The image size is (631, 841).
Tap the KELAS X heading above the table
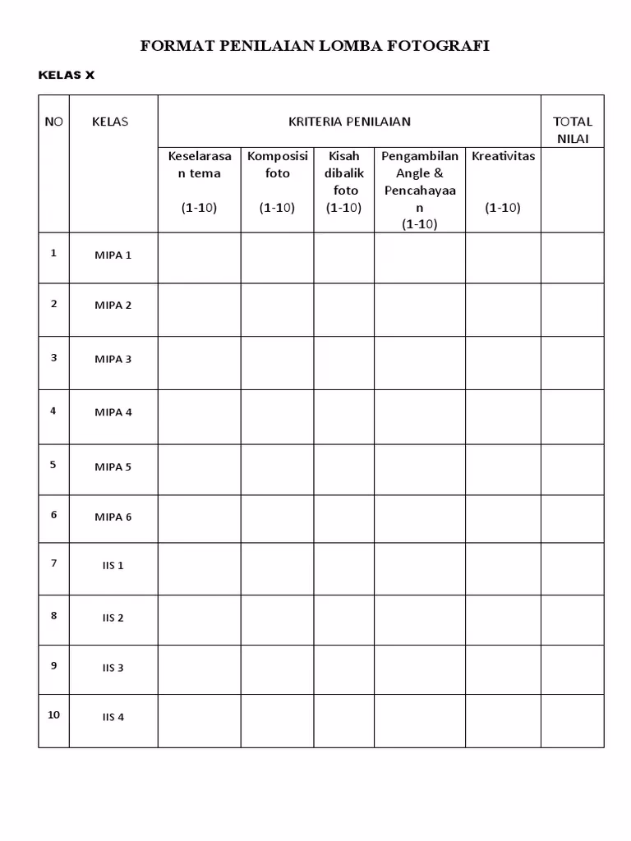coord(67,75)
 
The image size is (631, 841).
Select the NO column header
coord(53,122)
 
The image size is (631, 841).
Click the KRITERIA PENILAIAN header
coord(349,122)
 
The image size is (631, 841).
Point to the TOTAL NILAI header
coord(573,130)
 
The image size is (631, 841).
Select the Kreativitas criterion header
coord(503,156)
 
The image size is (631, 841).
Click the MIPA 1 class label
coord(113,255)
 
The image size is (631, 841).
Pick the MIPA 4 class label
coord(113,412)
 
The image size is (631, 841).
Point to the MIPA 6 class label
coord(113,517)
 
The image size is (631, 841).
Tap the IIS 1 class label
coord(113,566)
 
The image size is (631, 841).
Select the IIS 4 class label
coord(113,717)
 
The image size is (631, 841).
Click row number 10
coord(53,715)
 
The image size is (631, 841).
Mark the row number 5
coord(53,464)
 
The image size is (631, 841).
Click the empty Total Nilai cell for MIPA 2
coord(573,310)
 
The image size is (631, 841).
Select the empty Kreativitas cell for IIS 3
coord(503,669)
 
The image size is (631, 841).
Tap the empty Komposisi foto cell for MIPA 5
coord(278,469)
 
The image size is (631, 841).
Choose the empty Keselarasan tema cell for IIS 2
coord(199,620)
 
